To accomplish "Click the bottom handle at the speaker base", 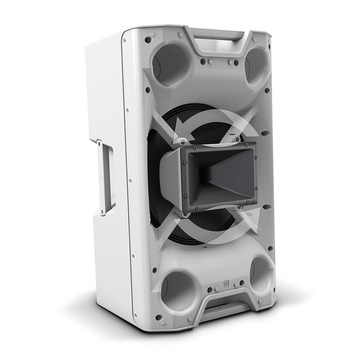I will (x=225, y=310).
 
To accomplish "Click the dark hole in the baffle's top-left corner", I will (x=148, y=40).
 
